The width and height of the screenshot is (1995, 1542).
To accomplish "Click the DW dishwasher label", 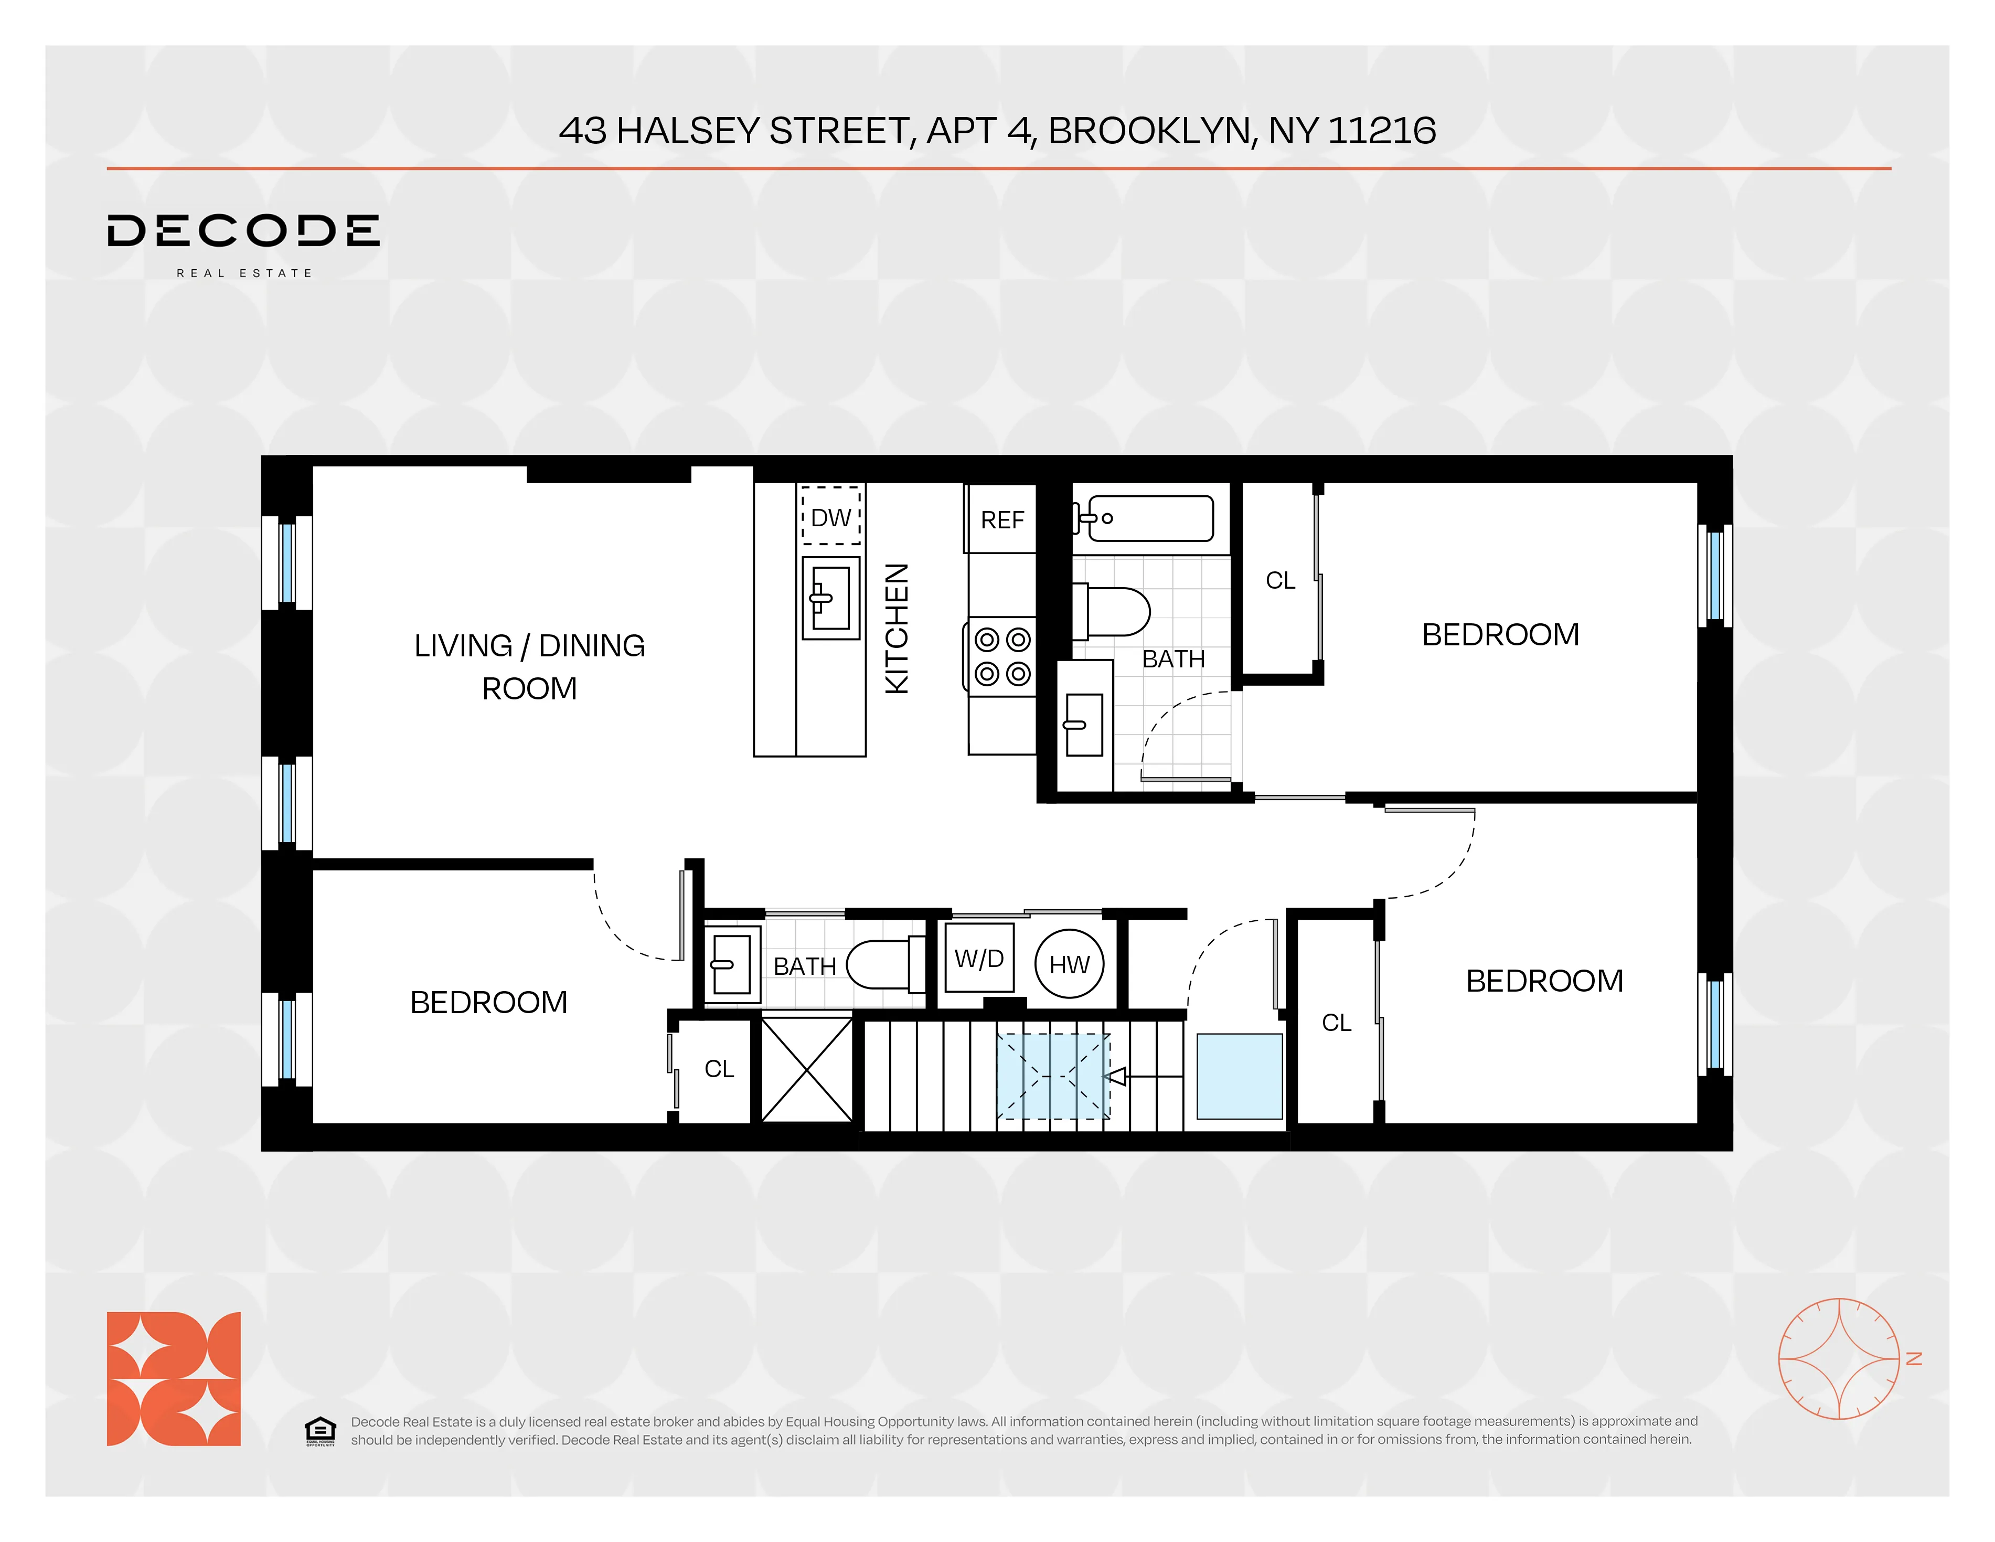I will [x=830, y=518].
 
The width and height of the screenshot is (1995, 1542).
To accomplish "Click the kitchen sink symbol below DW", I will [x=830, y=598].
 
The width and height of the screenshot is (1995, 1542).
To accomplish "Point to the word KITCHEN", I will [x=897, y=629].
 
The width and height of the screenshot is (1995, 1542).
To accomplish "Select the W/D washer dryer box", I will [x=978, y=958].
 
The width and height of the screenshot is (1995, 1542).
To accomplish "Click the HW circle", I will [x=1069, y=964].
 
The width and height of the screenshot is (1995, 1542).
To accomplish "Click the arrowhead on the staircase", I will [x=1115, y=1077].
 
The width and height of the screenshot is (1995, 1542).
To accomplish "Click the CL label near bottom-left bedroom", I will [x=719, y=1069].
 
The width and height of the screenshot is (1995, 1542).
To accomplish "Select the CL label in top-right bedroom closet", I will [x=1280, y=580].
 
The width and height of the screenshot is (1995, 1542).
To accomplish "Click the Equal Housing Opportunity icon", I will [x=319, y=1431].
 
